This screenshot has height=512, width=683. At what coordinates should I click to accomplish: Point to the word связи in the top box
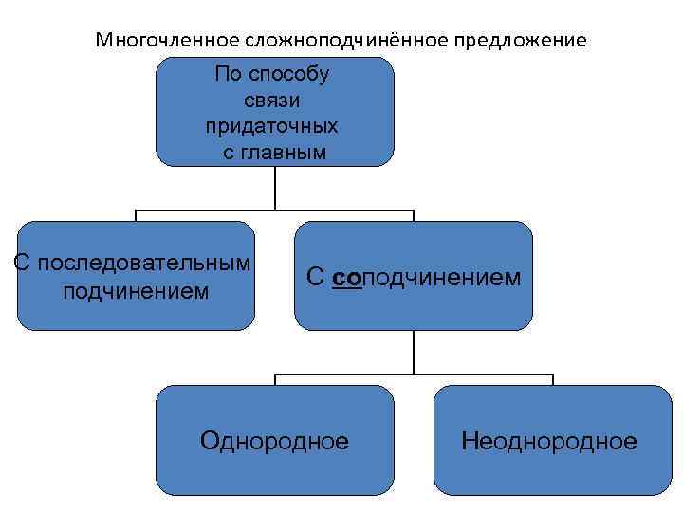pos(273,100)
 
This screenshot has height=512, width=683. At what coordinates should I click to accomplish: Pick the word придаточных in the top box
pos(273,125)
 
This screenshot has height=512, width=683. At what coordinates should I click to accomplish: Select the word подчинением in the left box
pos(136,289)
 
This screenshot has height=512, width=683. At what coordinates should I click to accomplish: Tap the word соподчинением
pos(427,277)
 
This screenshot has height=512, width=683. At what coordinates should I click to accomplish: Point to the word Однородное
pos(275,441)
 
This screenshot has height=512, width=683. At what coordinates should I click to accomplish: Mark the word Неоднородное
pos(549,441)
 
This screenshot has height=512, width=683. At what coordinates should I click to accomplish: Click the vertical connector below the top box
pos(275,188)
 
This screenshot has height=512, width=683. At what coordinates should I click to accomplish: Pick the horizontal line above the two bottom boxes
pos(414,375)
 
